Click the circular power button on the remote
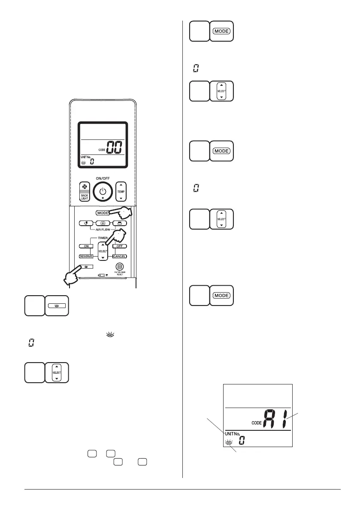tap(103, 192)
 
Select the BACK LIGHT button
tap(83, 196)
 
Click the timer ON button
tap(85, 246)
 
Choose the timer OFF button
tap(120, 246)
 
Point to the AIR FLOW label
tap(102, 230)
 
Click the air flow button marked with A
tap(102, 223)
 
